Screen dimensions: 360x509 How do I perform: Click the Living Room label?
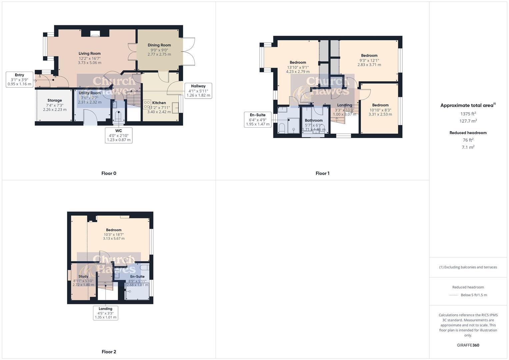(x=89, y=53)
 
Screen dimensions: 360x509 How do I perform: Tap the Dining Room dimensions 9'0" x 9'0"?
(x=159, y=50)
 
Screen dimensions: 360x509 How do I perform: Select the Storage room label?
(x=55, y=100)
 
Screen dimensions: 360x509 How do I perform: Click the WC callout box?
(x=119, y=135)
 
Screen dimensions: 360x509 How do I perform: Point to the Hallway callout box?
(x=198, y=90)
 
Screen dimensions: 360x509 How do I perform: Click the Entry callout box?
(x=19, y=80)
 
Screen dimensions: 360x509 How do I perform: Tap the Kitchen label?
(x=159, y=103)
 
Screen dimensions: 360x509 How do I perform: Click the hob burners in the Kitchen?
(x=147, y=105)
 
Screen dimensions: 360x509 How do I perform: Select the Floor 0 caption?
(x=109, y=173)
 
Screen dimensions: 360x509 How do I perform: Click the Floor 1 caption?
(x=322, y=173)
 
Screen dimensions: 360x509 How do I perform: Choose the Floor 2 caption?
(x=109, y=352)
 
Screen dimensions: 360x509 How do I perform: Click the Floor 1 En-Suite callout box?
(x=258, y=119)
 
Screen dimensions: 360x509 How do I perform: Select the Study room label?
(x=83, y=276)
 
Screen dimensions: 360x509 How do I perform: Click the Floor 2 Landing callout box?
(x=105, y=313)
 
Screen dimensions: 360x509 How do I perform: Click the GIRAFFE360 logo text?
(x=468, y=345)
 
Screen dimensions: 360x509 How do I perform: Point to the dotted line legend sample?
(x=454, y=295)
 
